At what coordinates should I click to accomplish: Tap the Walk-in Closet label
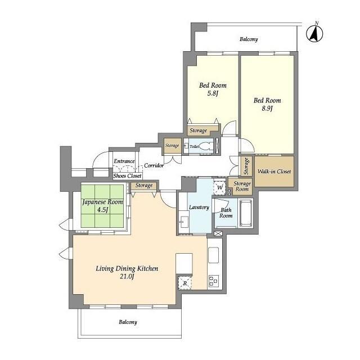(274, 171)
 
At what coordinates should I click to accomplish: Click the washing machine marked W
(220, 187)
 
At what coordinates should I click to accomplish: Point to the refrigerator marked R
(185, 283)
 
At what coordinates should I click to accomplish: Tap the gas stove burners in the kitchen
(214, 281)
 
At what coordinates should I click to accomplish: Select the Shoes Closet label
(128, 176)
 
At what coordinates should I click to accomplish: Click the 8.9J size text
(267, 109)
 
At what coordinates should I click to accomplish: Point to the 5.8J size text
(212, 93)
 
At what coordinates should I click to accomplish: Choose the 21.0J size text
(127, 277)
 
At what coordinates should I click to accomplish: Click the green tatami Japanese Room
(102, 206)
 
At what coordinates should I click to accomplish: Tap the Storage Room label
(242, 186)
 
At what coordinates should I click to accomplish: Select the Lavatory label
(199, 208)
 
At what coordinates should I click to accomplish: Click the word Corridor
(154, 165)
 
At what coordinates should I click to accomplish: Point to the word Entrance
(124, 161)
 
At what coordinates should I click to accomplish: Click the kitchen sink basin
(213, 255)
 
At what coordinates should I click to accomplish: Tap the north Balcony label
(249, 39)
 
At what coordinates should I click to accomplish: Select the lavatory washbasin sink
(184, 222)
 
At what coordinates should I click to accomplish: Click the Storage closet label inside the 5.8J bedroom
(199, 130)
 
